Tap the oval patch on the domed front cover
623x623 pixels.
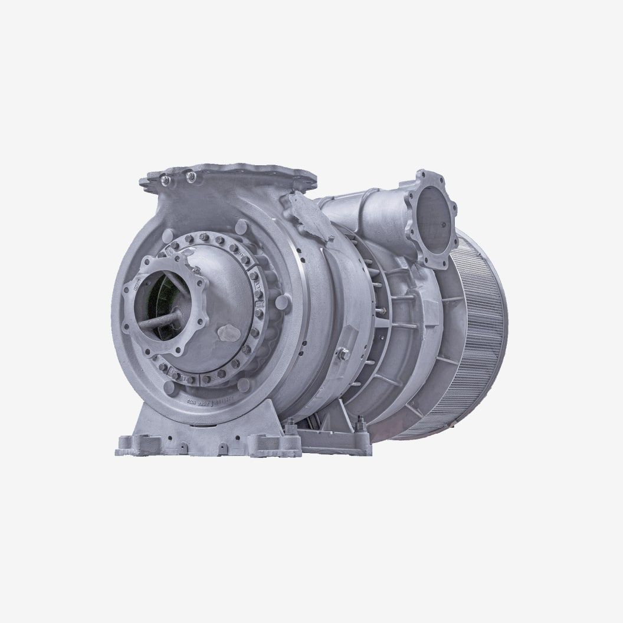click(x=227, y=333)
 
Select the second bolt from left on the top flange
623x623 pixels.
click(x=190, y=175)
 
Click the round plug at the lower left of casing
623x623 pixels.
click(x=169, y=388)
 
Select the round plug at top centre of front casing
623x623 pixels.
click(x=241, y=226)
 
